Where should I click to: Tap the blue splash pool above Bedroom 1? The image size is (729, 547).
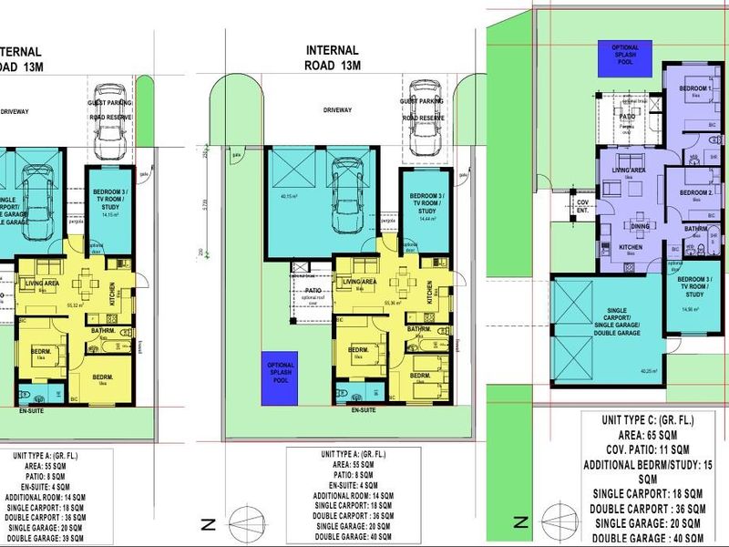(625, 57)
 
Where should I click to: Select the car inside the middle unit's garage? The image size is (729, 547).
(347, 196)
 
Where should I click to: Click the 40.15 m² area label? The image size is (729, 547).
(290, 196)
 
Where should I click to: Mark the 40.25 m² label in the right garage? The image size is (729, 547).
(623, 371)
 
